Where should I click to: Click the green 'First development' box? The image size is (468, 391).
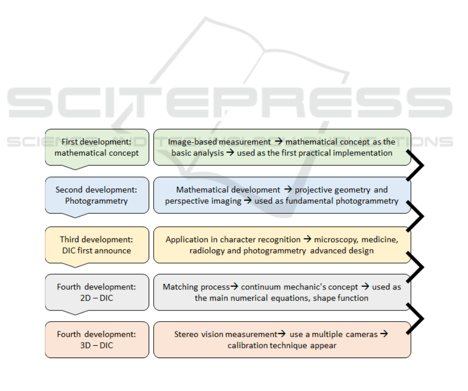97,147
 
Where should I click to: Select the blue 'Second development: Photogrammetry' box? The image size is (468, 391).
97,195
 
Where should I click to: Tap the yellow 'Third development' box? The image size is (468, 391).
97,245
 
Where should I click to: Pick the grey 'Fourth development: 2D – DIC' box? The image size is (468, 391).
97,292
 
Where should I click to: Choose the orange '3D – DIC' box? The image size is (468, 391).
97,340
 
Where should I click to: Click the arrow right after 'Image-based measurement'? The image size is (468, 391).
278,141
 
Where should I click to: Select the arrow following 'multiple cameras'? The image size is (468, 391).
384,334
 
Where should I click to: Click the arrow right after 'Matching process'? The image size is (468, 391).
234,286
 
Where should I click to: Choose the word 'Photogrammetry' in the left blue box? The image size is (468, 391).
96,201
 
